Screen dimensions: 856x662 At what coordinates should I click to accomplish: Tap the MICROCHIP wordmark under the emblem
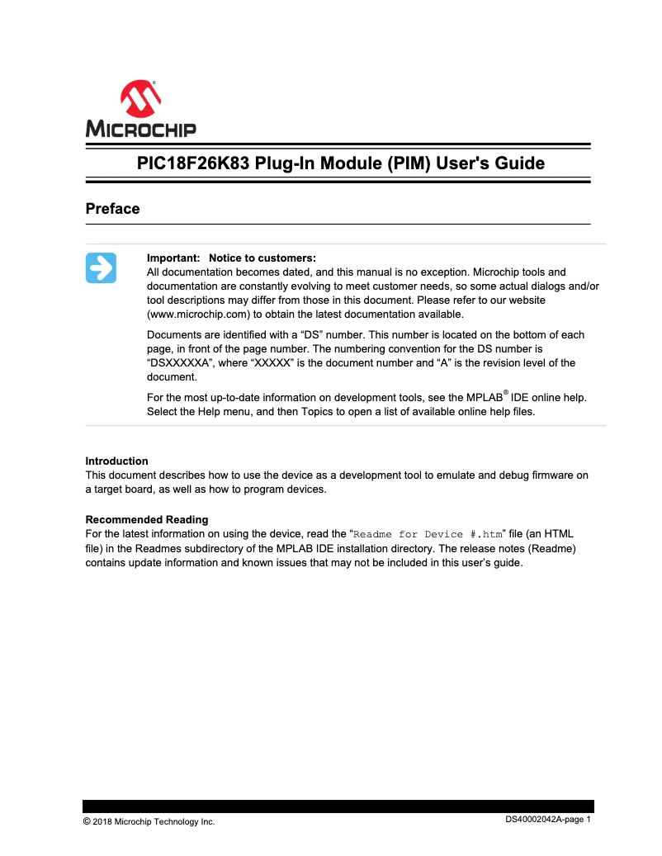140,129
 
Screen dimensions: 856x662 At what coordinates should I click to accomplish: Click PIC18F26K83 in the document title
191,163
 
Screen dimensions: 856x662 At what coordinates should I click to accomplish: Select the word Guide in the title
518,163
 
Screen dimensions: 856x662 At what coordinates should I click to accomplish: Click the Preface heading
112,209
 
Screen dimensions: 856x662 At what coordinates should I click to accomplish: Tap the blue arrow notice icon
101,268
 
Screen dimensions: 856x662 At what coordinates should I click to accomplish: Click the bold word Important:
173,258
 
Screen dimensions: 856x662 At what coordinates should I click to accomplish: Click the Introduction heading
116,461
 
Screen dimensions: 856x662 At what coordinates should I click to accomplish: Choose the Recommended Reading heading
146,519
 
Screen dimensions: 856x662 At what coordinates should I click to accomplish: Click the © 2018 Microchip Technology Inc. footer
149,821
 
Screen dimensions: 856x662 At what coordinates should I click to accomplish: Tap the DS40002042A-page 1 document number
549,820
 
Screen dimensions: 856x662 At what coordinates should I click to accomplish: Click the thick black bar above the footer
338,806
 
